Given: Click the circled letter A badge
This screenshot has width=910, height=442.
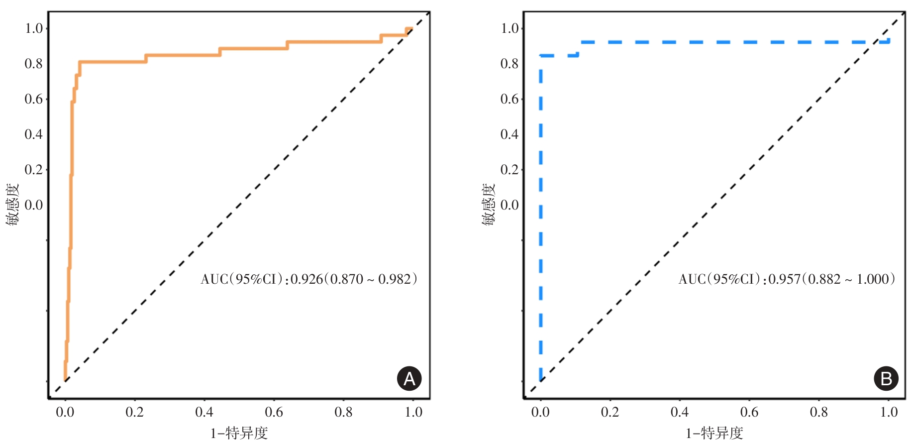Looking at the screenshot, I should [x=409, y=379].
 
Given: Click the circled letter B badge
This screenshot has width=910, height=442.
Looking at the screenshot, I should [x=886, y=379].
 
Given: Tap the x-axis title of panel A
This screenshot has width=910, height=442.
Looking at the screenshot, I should [x=239, y=433].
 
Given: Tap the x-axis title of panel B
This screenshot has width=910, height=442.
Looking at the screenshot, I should [x=714, y=433].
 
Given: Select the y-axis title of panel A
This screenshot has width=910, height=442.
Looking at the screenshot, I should [x=12, y=204].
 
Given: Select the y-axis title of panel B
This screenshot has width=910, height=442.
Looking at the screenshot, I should [x=489, y=204].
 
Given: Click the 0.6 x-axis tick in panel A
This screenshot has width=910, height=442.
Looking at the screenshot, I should [x=274, y=412].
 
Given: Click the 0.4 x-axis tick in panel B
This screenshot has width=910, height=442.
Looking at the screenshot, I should [x=680, y=412].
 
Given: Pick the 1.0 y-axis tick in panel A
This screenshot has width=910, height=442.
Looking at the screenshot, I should [x=34, y=28].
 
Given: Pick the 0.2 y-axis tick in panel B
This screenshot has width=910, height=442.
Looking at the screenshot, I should [x=509, y=170].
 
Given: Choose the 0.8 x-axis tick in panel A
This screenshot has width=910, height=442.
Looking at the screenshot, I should [x=343, y=412].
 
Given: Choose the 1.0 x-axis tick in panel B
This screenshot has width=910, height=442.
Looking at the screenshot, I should [x=889, y=412].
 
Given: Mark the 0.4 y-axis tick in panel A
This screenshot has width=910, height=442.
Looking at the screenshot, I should [x=34, y=134].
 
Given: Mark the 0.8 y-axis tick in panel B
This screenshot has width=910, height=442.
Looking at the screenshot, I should [x=509, y=64].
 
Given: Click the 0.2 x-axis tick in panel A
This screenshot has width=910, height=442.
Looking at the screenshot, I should [x=134, y=412].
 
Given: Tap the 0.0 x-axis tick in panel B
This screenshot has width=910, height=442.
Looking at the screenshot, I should [x=540, y=412].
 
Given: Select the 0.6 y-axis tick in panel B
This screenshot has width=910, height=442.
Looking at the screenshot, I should [x=509, y=99].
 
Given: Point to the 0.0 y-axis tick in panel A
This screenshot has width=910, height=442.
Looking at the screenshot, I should [x=34, y=205].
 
